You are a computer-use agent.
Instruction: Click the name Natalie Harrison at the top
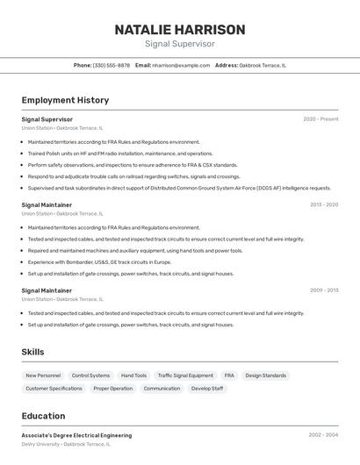coord(179,29)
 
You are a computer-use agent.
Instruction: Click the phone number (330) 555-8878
coord(111,65)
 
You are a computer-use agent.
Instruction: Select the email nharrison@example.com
coord(181,65)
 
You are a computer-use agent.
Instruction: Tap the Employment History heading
coord(65,100)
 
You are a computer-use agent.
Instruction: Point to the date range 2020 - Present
coord(320,119)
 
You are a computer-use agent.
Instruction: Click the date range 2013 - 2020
coord(323,204)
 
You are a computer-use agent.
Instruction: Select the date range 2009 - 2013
coord(323,290)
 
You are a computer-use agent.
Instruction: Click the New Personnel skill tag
coord(43,376)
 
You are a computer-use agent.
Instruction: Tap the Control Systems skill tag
coord(90,376)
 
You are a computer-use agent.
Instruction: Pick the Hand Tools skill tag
coord(133,376)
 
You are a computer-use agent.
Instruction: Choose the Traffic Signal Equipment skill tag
coord(185,376)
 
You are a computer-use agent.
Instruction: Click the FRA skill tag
coord(229,376)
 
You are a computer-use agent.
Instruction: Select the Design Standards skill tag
coord(265,376)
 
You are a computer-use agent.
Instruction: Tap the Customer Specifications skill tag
coord(54,388)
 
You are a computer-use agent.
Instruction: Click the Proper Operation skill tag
coord(112,388)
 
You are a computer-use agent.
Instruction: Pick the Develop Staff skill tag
coord(207,388)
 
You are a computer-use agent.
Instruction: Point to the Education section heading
coord(43,416)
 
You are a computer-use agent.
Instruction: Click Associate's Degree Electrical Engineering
coord(76,435)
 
